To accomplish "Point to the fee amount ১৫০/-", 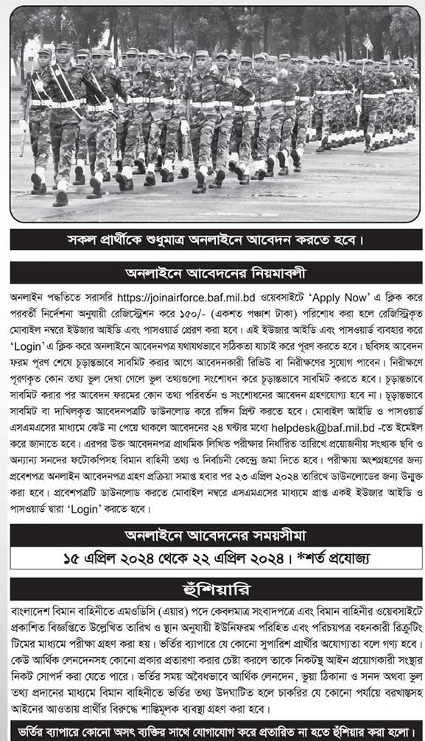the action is [235, 312].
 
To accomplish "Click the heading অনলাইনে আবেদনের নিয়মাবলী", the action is [216, 273].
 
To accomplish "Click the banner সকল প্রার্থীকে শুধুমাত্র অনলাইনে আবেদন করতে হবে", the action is [216, 239].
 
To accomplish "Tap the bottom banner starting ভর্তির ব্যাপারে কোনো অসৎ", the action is [216, 731].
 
